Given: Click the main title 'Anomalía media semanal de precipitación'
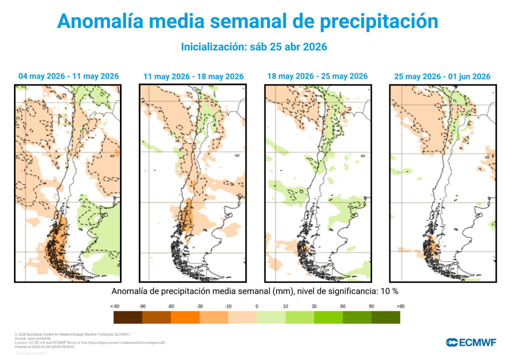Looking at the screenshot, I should point(247,21).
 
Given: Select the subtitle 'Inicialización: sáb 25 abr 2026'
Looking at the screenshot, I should point(253,46).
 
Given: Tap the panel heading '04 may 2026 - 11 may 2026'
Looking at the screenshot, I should point(68,76).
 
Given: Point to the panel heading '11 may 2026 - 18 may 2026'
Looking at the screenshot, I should point(193,76).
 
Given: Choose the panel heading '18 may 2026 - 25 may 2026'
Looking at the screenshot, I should point(317,76).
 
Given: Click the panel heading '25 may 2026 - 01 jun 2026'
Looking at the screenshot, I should point(442,76).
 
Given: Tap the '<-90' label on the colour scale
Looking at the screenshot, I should point(114,306).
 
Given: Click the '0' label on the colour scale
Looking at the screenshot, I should point(256,306).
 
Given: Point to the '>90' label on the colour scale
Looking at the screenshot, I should point(400,306).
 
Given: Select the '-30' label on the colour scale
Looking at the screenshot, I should point(199,306).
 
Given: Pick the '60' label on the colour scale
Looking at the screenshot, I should point(342,306).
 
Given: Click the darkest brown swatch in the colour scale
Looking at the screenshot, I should point(128,317).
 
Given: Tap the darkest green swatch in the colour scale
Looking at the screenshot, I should point(385,317).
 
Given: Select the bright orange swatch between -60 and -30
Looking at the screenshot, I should point(185,317).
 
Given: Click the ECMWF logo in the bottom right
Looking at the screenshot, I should point(470,342).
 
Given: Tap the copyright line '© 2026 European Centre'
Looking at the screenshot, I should point(72,334).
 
